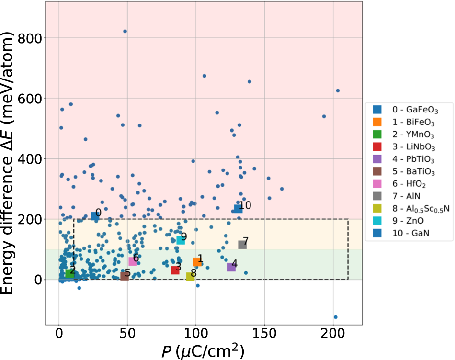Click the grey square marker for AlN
242,245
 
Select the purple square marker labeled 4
231,267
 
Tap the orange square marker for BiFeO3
197,262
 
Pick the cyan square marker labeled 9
181,240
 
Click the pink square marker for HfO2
133,261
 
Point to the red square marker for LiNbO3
175,270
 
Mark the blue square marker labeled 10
238,209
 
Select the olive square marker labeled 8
190,276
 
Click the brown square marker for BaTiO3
125,276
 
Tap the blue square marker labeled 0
95,216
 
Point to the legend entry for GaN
407,233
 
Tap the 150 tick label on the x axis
264,333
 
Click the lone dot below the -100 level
335,317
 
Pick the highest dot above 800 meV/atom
125,31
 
